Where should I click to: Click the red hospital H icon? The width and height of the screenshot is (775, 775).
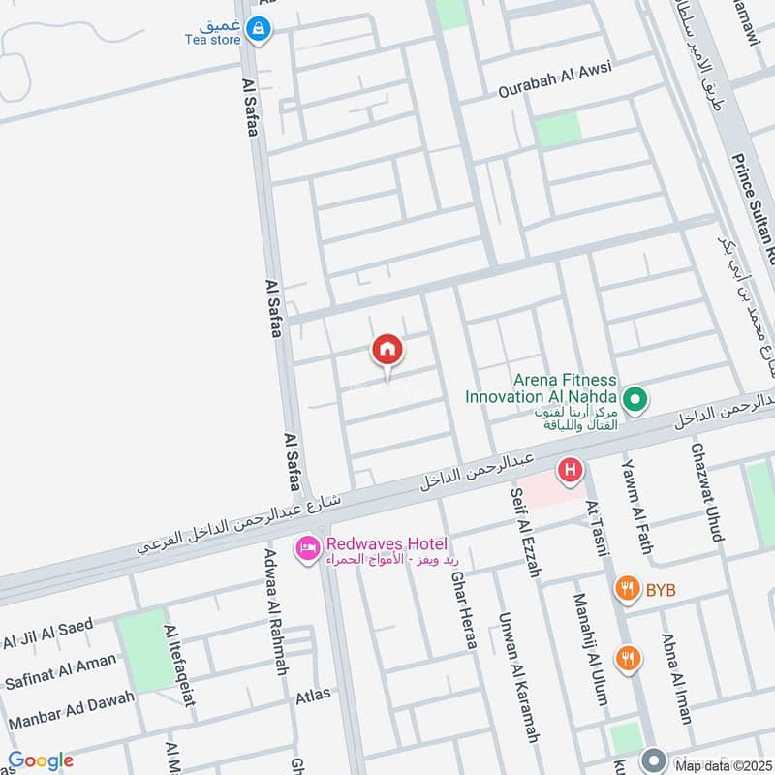570,471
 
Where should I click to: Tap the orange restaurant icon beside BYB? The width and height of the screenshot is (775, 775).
628,587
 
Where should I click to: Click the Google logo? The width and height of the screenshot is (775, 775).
41,760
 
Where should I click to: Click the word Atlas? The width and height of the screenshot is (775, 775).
313,694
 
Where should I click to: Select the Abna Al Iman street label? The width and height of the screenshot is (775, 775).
675,678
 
